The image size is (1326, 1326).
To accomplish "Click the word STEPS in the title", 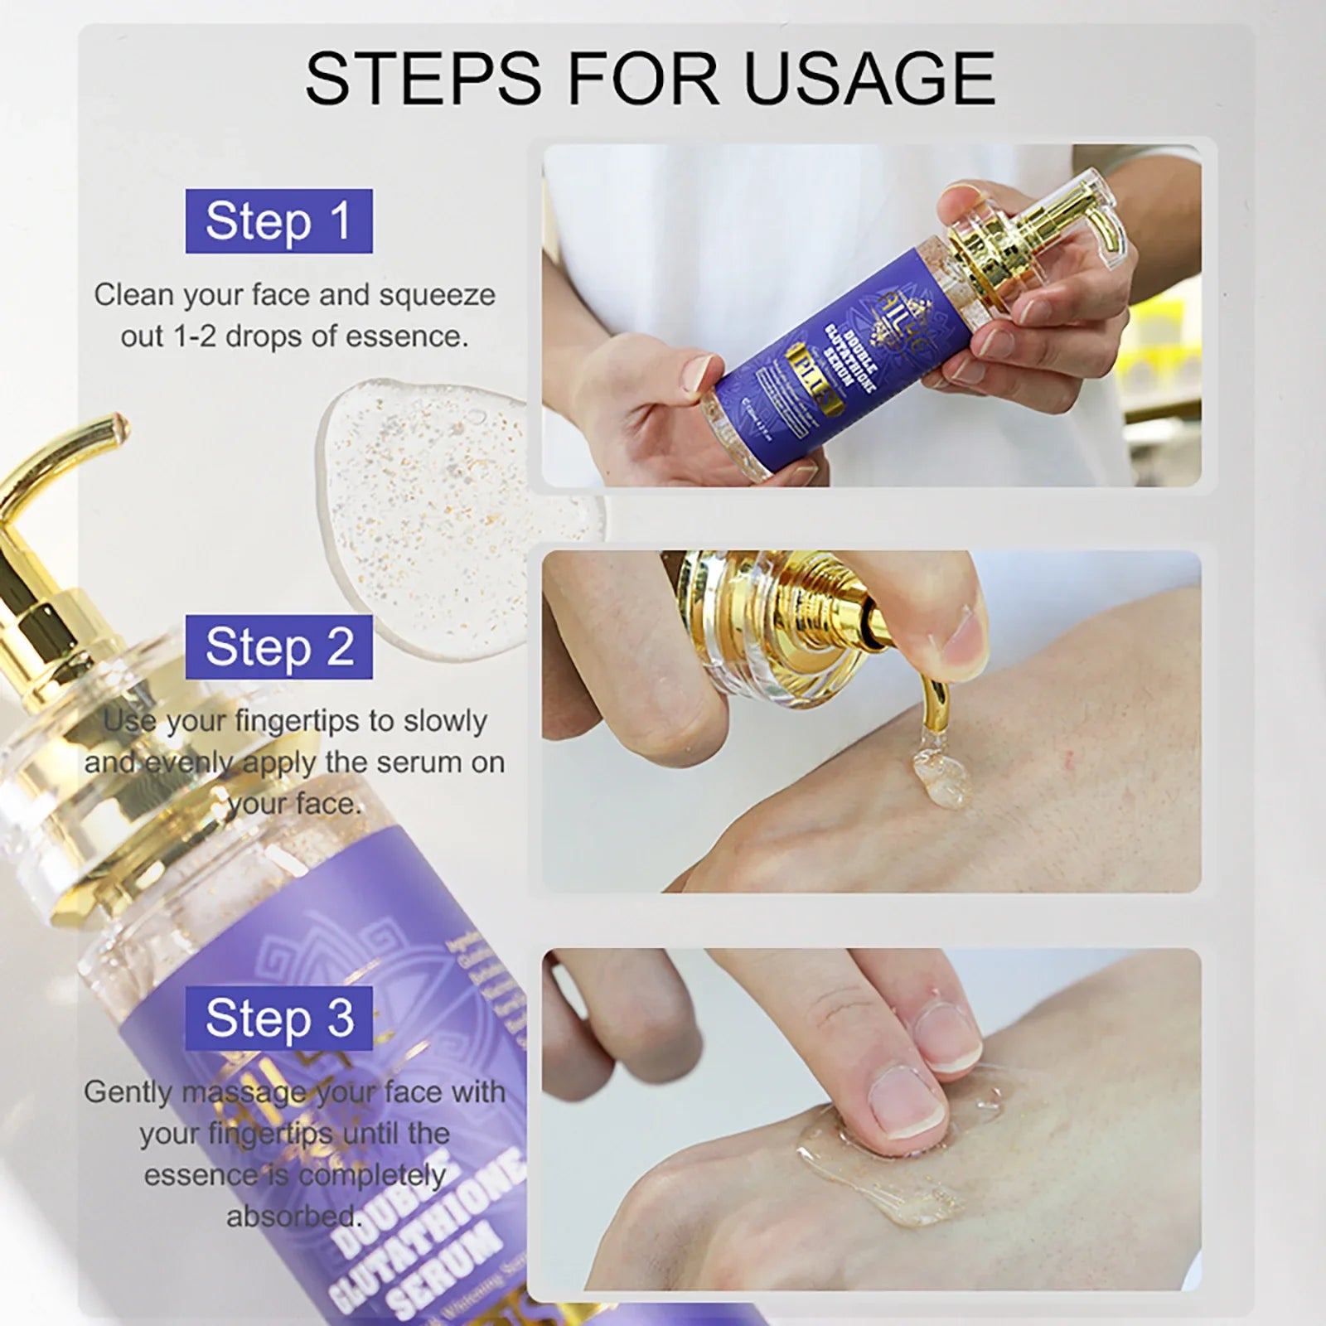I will [423, 79].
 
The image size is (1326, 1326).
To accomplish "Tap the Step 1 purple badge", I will [278, 221].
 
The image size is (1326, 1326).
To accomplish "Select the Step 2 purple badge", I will [278, 647].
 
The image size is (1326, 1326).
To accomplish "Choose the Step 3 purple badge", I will [278, 1019].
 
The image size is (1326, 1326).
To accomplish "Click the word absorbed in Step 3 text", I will [294, 1217].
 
